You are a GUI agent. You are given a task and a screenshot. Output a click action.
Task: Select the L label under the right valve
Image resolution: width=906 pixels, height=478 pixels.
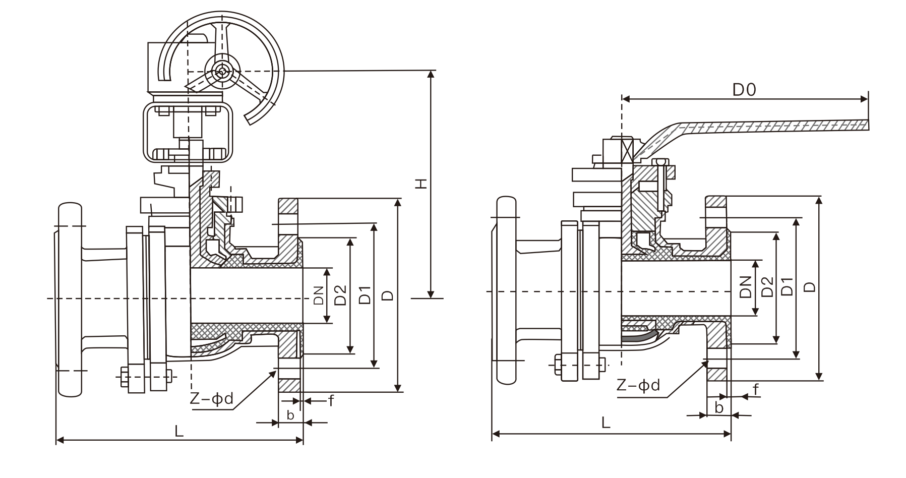pyautogui.click(x=606, y=423)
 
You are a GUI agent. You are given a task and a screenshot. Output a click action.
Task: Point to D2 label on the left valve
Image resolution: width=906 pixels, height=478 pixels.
pyautogui.click(x=341, y=295)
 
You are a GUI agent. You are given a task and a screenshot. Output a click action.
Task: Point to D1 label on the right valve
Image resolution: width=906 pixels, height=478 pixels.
pyautogui.click(x=787, y=286)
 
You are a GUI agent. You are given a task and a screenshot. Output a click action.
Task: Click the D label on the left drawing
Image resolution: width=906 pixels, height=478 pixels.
pyautogui.click(x=387, y=295)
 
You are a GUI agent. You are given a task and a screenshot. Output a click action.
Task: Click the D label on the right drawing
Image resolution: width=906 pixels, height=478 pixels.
pyautogui.click(x=809, y=286)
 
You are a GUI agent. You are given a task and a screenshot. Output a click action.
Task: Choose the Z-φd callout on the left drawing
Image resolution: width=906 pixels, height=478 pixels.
pyautogui.click(x=212, y=399)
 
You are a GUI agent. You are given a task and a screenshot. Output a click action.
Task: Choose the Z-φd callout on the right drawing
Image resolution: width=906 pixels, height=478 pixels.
pyautogui.click(x=638, y=386)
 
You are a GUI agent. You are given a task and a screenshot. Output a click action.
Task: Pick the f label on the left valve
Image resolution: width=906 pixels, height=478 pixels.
pyautogui.click(x=331, y=401)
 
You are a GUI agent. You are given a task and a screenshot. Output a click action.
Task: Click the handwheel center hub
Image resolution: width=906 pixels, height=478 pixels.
pyautogui.click(x=222, y=71)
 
